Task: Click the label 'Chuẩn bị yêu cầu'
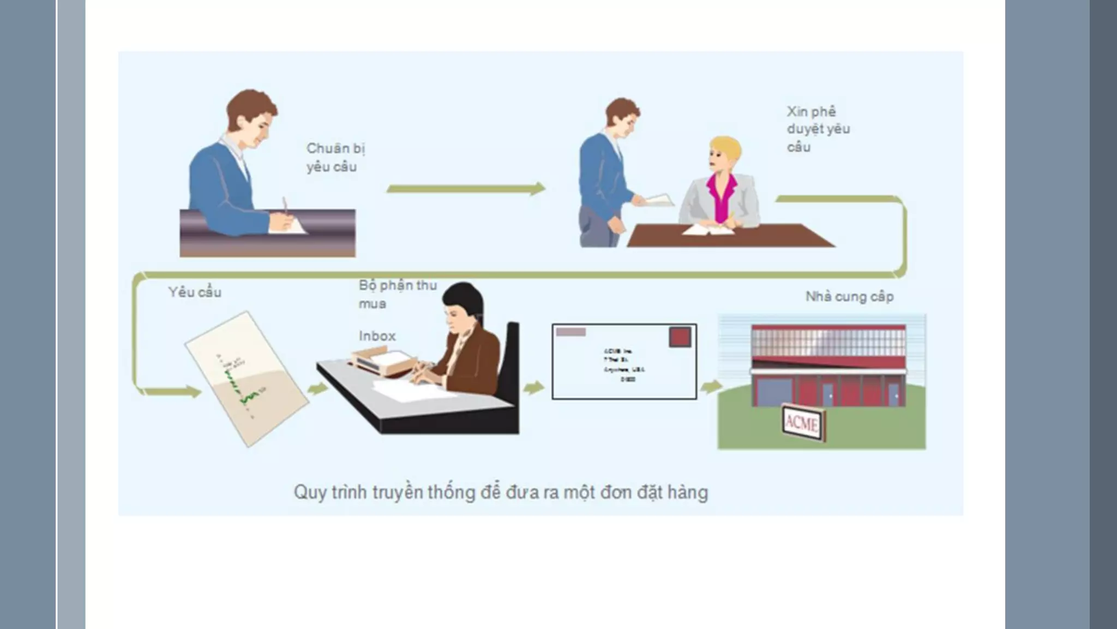[335, 157]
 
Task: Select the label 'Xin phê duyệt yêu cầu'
[818, 129]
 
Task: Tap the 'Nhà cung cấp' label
[849, 297]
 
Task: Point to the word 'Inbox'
[377, 336]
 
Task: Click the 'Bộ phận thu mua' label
[397, 294]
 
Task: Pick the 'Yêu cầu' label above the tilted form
[195, 292]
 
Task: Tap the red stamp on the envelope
[680, 337]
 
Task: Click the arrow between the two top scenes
[465, 189]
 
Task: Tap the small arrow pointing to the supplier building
[710, 387]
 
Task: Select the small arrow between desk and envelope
[533, 388]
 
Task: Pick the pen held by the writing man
[285, 207]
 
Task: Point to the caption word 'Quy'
[308, 492]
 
